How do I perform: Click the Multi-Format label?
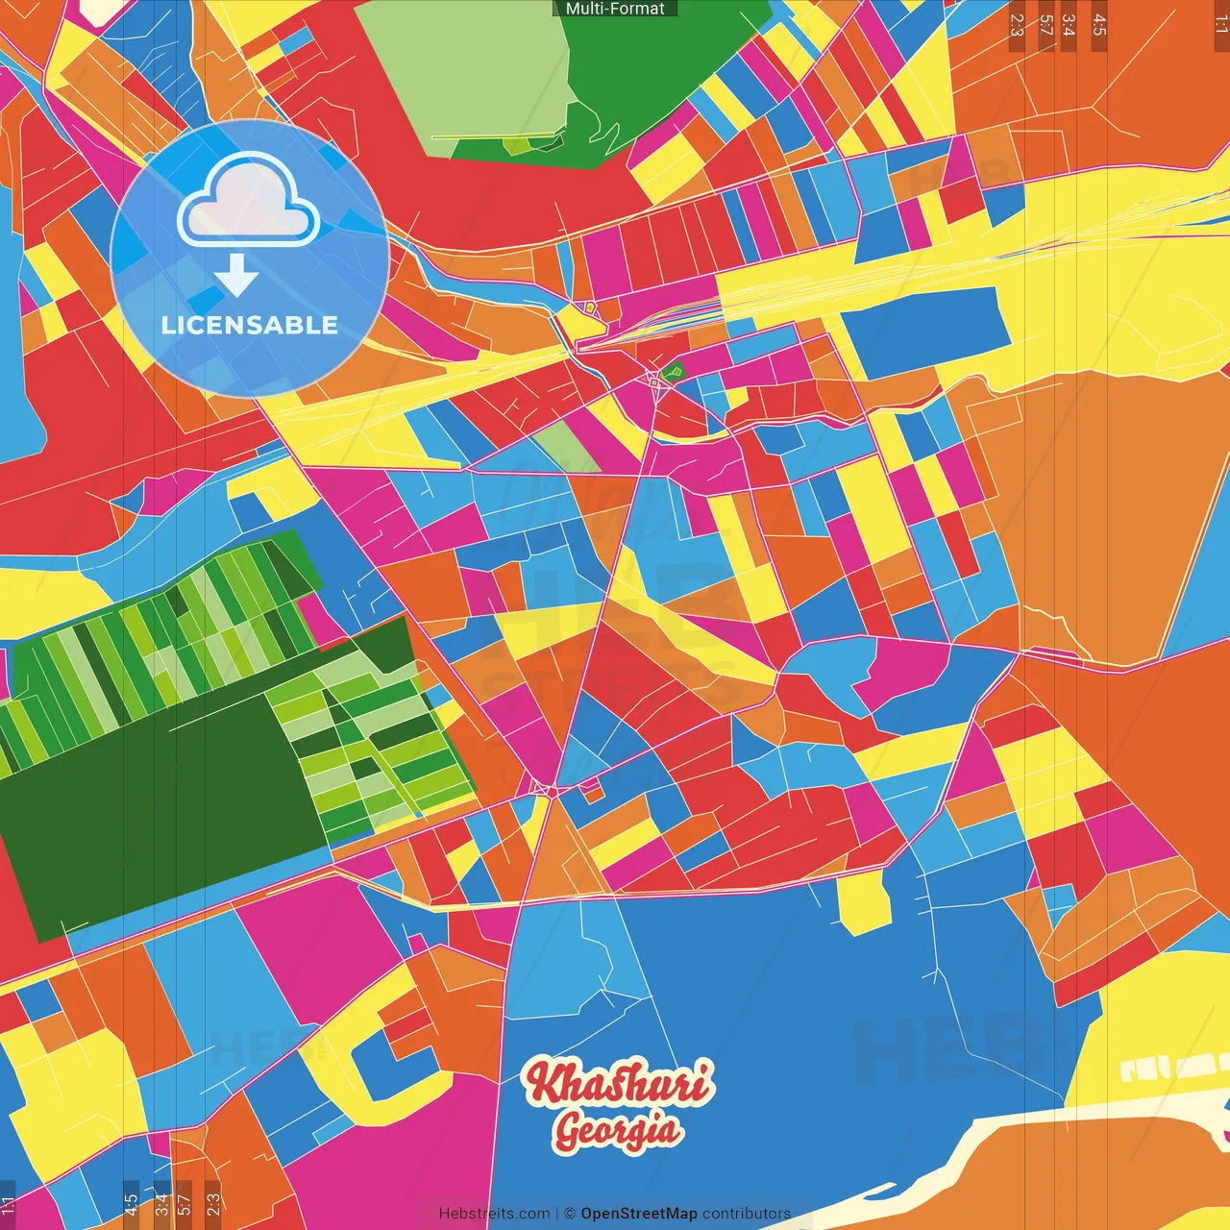[x=615, y=9]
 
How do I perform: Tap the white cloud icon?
[x=249, y=203]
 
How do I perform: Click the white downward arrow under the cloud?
[x=236, y=276]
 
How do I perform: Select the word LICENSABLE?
[x=250, y=325]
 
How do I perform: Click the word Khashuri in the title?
[x=619, y=1083]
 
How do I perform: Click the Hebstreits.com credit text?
[x=494, y=1214]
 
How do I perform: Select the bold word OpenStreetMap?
[x=639, y=1214]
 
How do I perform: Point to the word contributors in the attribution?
[x=747, y=1214]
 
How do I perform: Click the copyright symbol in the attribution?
[x=570, y=1214]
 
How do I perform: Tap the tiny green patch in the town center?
[x=673, y=370]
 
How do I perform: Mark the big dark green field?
[x=144, y=807]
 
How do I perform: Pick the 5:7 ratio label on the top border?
[x=1045, y=25]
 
